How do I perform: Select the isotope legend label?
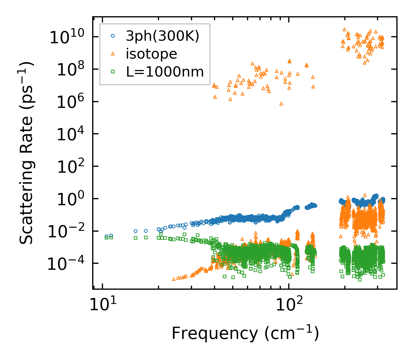[151, 54]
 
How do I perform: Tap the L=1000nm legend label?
[165, 72]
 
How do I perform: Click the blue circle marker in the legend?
[113, 36]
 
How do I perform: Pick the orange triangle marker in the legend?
[113, 54]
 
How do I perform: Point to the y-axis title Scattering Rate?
[26, 153]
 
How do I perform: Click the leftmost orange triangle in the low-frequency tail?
[174, 279]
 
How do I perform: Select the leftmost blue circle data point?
[107, 236]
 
